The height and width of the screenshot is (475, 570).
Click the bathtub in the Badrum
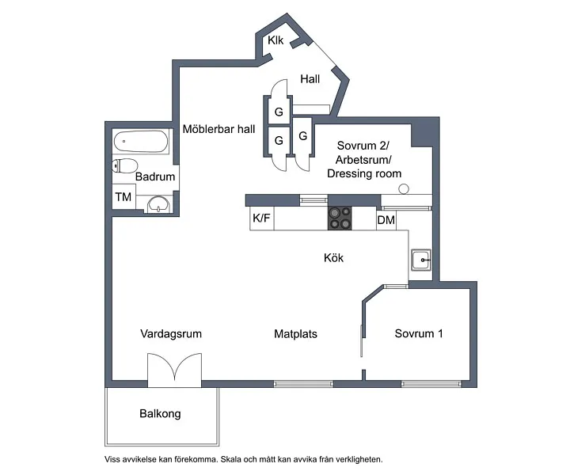click(141, 142)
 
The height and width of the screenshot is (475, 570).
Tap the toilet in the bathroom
click(125, 165)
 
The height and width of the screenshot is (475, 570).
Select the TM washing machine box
click(123, 196)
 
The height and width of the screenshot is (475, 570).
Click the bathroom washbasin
click(158, 204)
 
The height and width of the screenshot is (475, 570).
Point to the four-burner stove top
click(340, 218)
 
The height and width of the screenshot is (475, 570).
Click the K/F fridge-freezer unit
click(262, 218)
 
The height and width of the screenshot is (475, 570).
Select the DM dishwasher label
click(386, 220)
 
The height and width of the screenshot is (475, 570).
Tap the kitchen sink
click(421, 260)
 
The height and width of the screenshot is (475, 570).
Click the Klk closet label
click(275, 40)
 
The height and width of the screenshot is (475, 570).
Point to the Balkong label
click(160, 413)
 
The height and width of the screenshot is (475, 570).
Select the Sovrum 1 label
click(419, 333)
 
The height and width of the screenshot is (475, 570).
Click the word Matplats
click(295, 334)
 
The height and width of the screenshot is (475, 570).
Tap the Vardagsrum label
click(171, 334)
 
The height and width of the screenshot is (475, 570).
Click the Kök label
click(333, 258)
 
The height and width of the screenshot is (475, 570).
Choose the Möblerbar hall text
click(218, 129)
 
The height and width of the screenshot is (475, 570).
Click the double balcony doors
click(174, 368)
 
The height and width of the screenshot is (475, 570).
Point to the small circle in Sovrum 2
click(404, 189)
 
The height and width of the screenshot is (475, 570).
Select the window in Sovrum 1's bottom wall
click(431, 383)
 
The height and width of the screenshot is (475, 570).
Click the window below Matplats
click(303, 383)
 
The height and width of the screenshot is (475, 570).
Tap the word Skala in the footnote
click(230, 459)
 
